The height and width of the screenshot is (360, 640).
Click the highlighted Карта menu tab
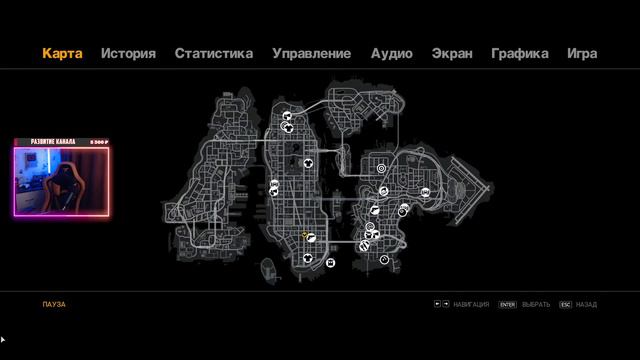point(62,53)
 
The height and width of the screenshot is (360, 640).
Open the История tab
point(128,53)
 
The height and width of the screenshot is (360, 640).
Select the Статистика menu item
point(213,53)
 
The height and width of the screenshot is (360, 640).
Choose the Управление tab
point(311,53)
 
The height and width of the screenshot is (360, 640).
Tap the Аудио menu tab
point(391,53)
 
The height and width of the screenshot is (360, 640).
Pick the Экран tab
point(451,53)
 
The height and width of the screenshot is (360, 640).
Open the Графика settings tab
point(519,53)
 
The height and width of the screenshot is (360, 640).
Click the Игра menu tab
point(582,53)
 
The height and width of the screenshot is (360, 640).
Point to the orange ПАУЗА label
point(54,304)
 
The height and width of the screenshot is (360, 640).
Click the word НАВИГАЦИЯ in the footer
point(471,304)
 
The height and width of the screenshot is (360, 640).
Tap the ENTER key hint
point(507,304)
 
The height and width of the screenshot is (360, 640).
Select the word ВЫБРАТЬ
point(536,304)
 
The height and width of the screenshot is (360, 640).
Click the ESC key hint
point(565,304)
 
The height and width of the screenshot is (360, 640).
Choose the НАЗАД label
point(586,304)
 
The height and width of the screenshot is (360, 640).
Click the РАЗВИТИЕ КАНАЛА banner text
point(52,142)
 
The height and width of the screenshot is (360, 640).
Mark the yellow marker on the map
point(305,235)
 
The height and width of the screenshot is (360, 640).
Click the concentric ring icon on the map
point(381,169)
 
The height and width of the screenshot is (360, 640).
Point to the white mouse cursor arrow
point(3,341)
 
